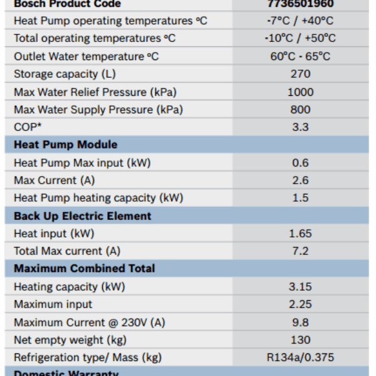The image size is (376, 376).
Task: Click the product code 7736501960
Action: tap(300, 4)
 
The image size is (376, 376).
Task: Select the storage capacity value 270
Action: tap(300, 74)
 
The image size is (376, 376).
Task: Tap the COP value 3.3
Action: tap(300, 127)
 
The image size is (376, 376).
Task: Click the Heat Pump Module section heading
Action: tap(66, 145)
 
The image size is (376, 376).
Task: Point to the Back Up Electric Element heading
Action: tap(83, 216)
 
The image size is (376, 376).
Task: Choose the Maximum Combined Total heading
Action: tap(85, 268)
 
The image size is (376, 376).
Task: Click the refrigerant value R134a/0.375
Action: tap(300, 358)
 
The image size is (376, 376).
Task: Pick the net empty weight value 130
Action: tap(300, 340)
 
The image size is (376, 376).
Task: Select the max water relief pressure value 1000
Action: tap(300, 92)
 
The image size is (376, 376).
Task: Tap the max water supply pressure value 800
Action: tap(300, 110)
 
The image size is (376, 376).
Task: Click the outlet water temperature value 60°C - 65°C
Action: tap(300, 56)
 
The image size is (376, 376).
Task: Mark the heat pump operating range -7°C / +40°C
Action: tap(300, 21)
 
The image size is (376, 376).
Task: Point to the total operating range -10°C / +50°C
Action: tap(300, 38)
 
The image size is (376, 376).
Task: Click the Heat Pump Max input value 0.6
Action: tap(300, 163)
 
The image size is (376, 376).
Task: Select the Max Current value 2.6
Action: tap(300, 180)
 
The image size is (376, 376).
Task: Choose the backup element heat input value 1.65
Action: tap(300, 234)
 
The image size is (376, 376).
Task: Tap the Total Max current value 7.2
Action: tap(300, 251)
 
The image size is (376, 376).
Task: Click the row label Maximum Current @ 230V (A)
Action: tap(90, 323)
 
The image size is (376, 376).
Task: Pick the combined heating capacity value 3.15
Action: tap(300, 287)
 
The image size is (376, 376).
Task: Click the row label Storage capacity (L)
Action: tap(65, 74)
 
